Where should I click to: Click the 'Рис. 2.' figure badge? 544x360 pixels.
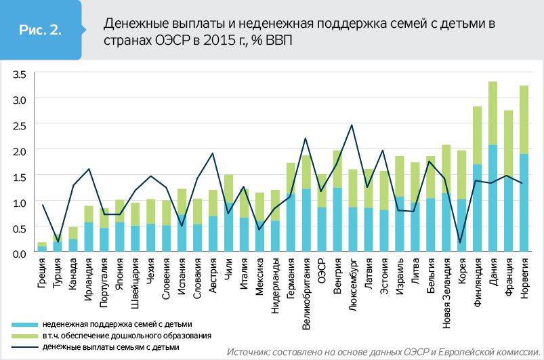[41, 30]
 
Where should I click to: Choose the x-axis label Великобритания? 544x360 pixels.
[306, 292]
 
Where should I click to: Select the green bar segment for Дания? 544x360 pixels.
[493, 113]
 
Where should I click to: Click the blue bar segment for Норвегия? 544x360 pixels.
[523, 203]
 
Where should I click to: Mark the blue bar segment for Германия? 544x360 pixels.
[290, 224]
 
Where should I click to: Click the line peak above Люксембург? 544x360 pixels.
[352, 125]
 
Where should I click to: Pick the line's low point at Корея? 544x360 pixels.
[461, 242]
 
